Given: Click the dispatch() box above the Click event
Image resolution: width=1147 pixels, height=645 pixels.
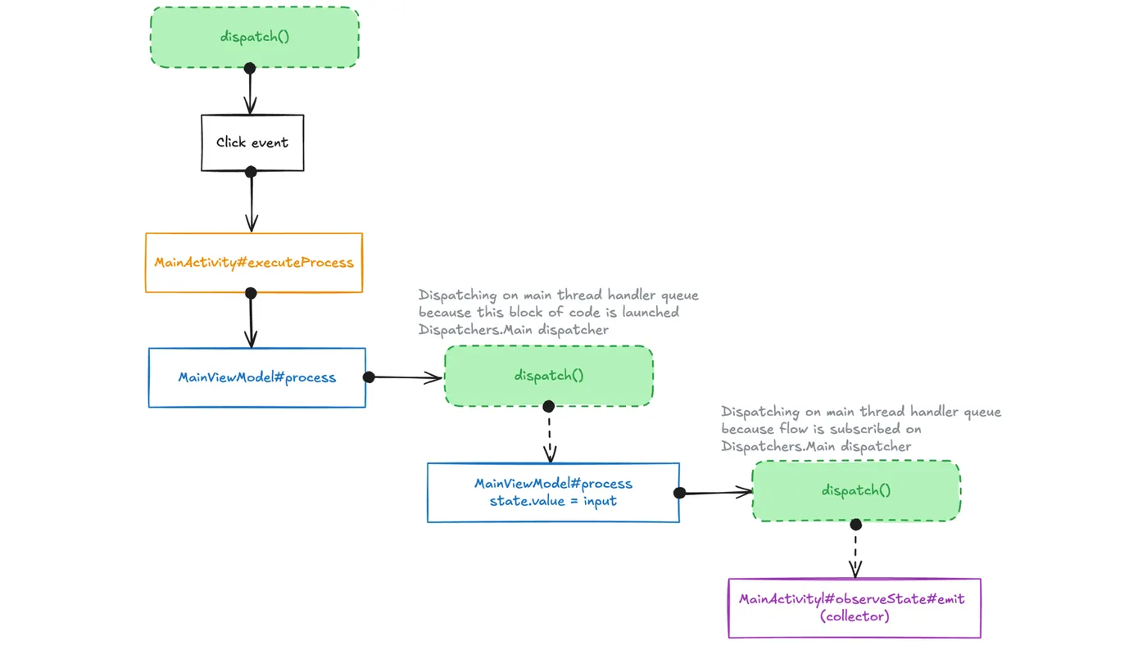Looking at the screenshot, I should pos(255,37).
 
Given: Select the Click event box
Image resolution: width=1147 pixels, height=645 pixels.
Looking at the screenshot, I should pos(252,142).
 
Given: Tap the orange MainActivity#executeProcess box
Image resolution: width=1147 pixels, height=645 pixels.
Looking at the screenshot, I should pos(254,263).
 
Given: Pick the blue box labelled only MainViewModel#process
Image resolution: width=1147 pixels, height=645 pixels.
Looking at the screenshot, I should pos(256,377).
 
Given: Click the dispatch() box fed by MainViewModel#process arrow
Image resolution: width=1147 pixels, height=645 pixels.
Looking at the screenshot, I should pos(549,376).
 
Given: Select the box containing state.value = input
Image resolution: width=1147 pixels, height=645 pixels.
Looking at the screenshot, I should pos(553,492).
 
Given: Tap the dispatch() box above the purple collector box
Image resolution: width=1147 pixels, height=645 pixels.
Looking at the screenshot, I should pos(856,490).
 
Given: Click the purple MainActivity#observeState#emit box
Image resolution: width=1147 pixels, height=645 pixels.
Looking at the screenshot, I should pos(854,607).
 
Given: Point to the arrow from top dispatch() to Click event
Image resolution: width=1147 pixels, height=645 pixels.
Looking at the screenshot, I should pos(251,91).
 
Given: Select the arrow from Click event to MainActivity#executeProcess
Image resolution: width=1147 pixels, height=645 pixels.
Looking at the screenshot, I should pos(252,202).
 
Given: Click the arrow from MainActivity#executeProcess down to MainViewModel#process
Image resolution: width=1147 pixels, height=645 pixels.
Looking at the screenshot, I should pos(251,321).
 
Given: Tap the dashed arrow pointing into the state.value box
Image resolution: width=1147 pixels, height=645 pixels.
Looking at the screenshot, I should pos(549,435).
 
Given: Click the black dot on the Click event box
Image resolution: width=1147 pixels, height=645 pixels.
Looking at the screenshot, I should pos(251,172).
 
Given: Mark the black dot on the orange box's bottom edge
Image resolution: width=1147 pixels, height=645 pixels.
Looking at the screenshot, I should pos(251,293).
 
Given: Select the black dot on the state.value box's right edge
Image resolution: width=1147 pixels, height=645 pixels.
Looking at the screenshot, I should pos(679,493).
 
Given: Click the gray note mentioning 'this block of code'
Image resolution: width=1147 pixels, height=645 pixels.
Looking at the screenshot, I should pos(558,312).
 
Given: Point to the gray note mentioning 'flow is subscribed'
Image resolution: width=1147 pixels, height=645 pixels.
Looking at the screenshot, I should pos(860,429).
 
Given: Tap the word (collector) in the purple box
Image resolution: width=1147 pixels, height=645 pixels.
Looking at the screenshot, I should pos(854,616).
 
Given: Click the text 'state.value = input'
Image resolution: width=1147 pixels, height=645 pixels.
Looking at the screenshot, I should pos(553,501).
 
